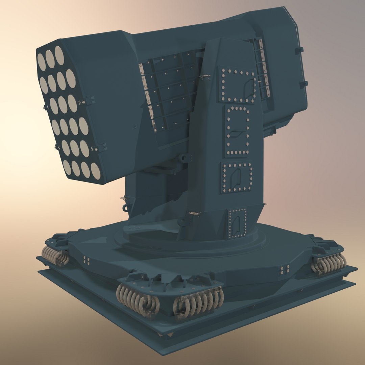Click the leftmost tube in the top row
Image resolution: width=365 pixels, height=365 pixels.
(41, 62)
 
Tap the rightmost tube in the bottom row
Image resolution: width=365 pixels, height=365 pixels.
(96, 171)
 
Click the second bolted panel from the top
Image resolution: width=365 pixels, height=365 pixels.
(238, 131)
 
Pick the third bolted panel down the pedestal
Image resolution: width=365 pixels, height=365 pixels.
(237, 177)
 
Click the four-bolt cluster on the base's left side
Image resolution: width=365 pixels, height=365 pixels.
(87, 261)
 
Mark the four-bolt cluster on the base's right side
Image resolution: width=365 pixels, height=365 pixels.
(285, 269)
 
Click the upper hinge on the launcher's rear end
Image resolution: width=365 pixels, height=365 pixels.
(299, 50)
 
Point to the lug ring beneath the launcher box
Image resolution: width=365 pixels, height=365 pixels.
(184, 157)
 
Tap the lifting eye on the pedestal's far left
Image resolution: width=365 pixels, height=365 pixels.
(126, 207)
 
